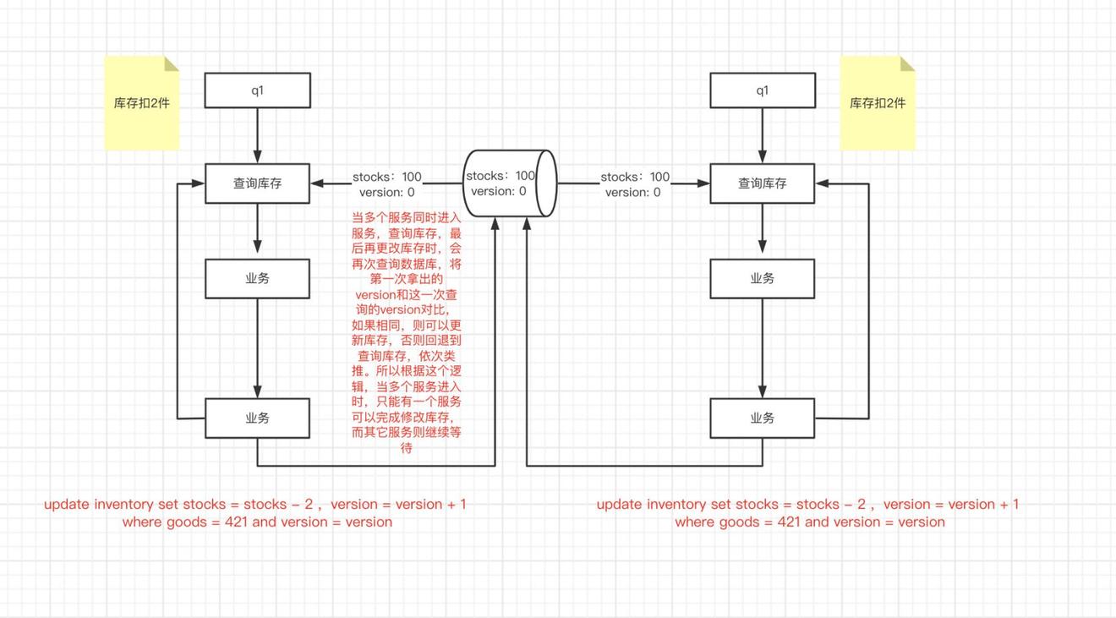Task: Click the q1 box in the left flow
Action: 257,90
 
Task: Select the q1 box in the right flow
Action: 763,90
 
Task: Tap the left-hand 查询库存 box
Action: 257,183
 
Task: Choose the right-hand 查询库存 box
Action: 763,183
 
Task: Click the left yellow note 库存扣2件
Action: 141,103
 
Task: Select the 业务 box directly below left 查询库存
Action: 257,278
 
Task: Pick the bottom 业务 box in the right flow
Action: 763,418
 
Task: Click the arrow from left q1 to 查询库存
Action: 257,135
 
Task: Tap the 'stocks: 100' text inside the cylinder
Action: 501,176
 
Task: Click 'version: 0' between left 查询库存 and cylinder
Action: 387,192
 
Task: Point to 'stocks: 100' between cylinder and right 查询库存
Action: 635,177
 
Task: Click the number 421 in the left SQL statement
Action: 237,522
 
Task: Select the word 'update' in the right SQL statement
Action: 619,504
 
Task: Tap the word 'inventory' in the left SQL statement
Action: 124,504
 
